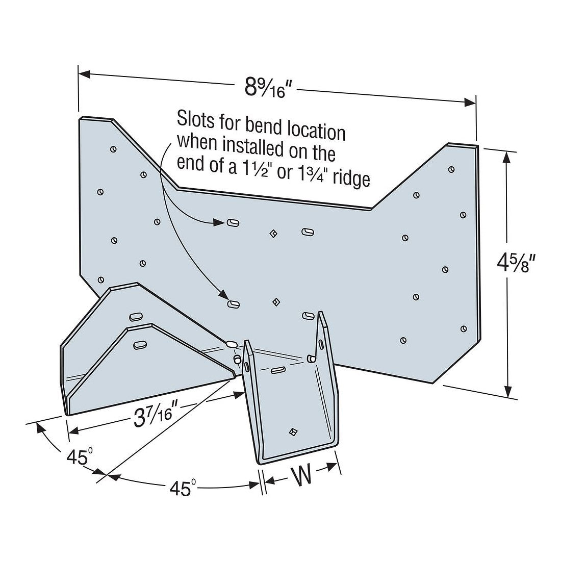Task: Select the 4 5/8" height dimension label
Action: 517,265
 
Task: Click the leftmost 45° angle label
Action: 79,458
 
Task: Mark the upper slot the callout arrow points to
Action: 233,222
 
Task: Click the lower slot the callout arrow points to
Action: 234,304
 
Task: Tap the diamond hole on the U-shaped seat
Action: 292,432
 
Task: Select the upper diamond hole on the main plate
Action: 274,234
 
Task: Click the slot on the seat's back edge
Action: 278,370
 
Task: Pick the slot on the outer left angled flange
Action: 135,317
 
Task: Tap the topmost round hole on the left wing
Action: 113,149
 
